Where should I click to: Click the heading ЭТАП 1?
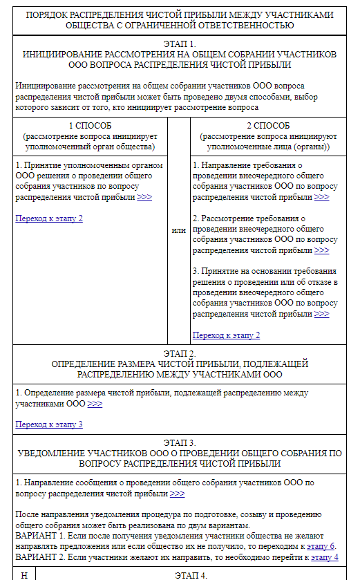coord(180,44)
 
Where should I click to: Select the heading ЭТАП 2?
coord(180,353)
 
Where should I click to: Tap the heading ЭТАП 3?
coord(180,442)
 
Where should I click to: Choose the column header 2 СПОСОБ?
coord(269,126)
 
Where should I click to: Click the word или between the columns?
coord(178,230)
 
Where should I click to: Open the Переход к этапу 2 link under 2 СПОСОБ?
coord(226,335)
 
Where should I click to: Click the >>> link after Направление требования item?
coord(321,197)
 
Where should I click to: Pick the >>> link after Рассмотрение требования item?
coord(321,250)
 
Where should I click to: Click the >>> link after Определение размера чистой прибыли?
coord(95,404)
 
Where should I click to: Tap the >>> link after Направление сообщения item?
coord(177,494)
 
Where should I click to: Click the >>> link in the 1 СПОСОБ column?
coord(144,197)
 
